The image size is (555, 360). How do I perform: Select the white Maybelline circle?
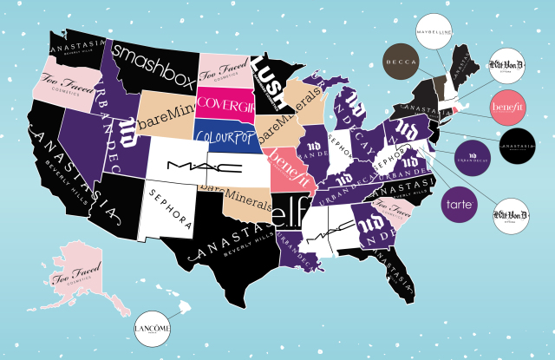(437, 31)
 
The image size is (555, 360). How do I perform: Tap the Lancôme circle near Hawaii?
(153, 329)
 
